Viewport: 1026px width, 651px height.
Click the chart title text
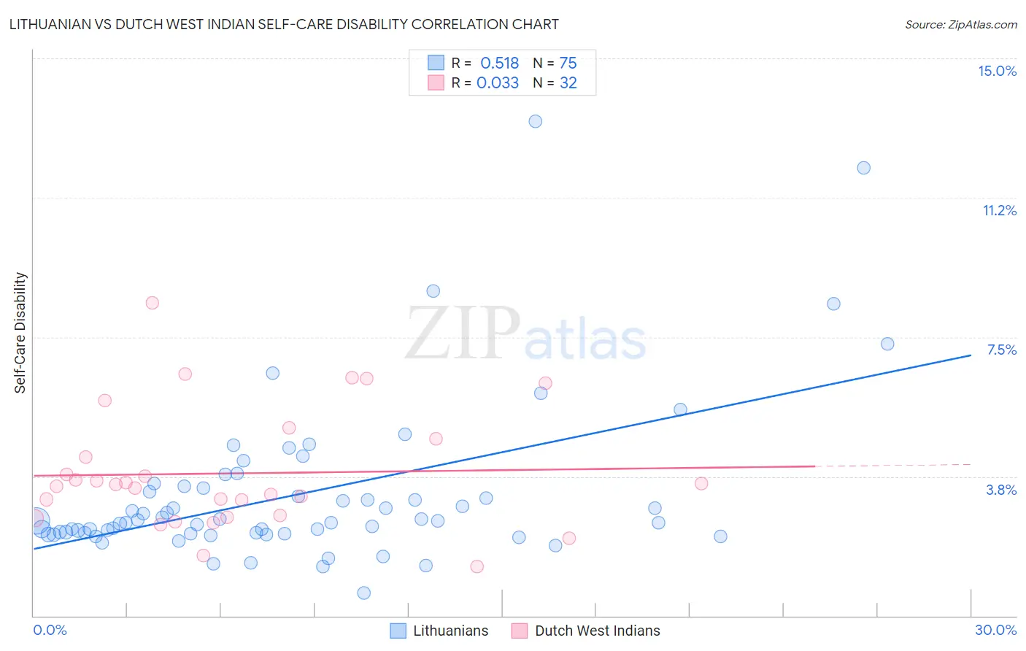click(284, 24)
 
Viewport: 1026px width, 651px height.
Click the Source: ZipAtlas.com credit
click(960, 25)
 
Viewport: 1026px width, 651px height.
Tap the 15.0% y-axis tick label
click(997, 71)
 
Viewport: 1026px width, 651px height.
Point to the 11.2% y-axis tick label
click(999, 210)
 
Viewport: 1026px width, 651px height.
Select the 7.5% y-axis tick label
click(1001, 350)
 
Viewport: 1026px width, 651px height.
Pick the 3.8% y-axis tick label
click(1001, 490)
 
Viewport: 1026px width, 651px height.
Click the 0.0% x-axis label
click(50, 630)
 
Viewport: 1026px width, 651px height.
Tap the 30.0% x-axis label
click(995, 630)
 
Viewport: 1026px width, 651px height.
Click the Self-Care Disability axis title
click(20, 333)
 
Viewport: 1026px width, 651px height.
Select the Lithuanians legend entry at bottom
click(439, 631)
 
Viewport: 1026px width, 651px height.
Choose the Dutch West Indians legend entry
click(586, 631)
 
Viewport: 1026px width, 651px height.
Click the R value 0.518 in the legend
click(499, 63)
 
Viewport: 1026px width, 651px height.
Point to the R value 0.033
click(498, 83)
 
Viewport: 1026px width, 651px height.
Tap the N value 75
click(568, 63)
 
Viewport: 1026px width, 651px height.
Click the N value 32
click(568, 83)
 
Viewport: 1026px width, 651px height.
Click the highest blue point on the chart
click(535, 121)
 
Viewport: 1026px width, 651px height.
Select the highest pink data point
click(152, 303)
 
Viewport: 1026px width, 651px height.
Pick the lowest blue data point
click(363, 593)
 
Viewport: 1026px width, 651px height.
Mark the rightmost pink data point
click(701, 483)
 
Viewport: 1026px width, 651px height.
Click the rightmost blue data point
click(887, 344)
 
